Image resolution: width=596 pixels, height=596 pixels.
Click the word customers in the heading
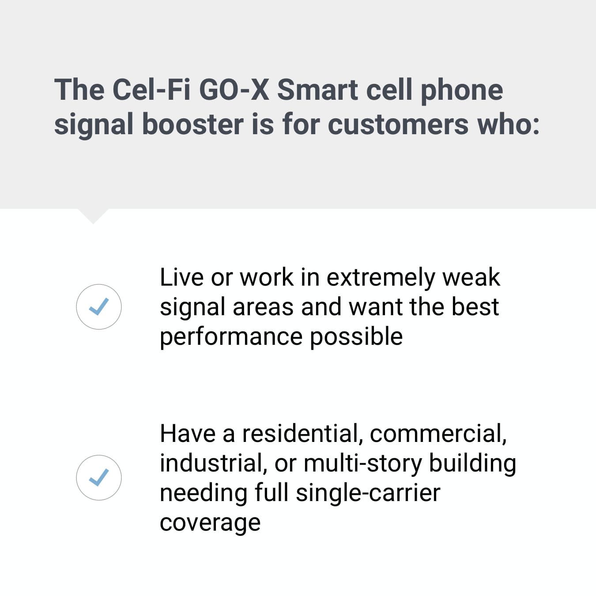pyautogui.click(x=398, y=125)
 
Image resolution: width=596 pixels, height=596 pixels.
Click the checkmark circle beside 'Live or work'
pyautogui.click(x=98, y=307)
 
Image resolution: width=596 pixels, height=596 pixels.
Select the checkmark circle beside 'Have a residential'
pyautogui.click(x=98, y=478)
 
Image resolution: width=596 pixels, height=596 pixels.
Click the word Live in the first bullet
pyautogui.click(x=181, y=277)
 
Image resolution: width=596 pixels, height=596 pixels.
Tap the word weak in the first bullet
pyautogui.click(x=471, y=277)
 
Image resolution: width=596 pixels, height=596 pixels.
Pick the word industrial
pyautogui.click(x=213, y=464)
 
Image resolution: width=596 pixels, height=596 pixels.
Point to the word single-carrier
pyautogui.click(x=368, y=494)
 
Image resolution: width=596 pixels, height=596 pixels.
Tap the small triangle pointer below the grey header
pyautogui.click(x=93, y=215)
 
